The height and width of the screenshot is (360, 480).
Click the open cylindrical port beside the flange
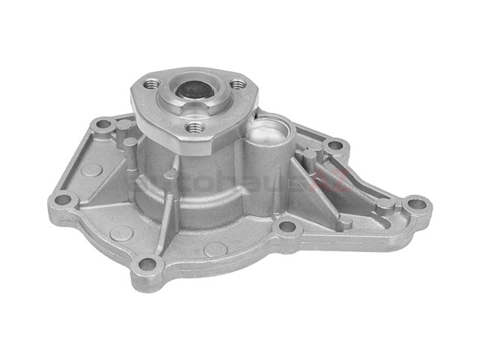coord(268,134)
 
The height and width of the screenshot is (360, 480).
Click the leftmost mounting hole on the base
coord(64,199)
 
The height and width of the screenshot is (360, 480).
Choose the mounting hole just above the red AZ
coord(334,144)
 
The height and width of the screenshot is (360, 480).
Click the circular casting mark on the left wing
coord(91,170)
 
